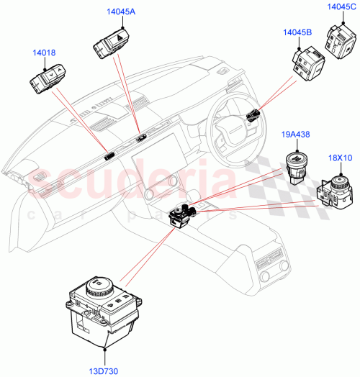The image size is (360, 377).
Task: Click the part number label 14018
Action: [44, 53]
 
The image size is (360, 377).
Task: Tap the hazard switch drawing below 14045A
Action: [109, 45]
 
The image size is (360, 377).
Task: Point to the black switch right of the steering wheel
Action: [252, 113]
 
